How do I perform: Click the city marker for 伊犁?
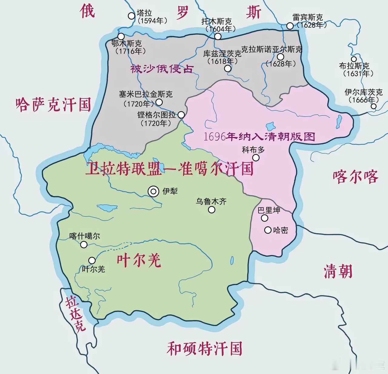(x=153, y=191)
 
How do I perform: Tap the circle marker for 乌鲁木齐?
(x=212, y=209)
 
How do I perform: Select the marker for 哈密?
(x=268, y=230)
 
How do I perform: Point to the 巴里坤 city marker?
(x=265, y=218)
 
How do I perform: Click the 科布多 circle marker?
(x=256, y=158)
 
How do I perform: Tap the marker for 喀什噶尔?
(x=84, y=245)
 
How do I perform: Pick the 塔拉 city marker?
(x=131, y=16)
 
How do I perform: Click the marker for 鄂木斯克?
(x=121, y=36)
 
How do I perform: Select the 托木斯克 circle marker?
(x=218, y=36)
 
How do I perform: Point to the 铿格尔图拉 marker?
(x=181, y=115)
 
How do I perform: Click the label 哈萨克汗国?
(x=53, y=105)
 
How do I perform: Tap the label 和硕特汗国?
(x=204, y=349)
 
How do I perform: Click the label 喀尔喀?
(x=355, y=177)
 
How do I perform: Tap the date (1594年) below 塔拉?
(x=152, y=21)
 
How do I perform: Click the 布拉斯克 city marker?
(x=353, y=59)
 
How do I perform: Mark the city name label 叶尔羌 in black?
(x=93, y=269)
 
